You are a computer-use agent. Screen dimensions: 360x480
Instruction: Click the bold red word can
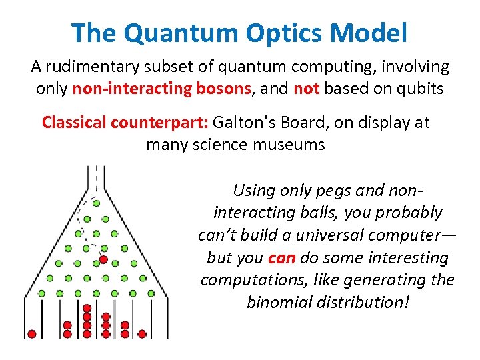277,257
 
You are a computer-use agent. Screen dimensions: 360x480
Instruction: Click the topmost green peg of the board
96,203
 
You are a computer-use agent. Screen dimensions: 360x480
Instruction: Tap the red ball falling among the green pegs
103,259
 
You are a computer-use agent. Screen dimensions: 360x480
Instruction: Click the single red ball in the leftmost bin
31,333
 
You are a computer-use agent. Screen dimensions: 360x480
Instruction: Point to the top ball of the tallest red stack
86,309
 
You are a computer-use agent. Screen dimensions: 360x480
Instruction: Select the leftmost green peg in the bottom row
41,293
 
